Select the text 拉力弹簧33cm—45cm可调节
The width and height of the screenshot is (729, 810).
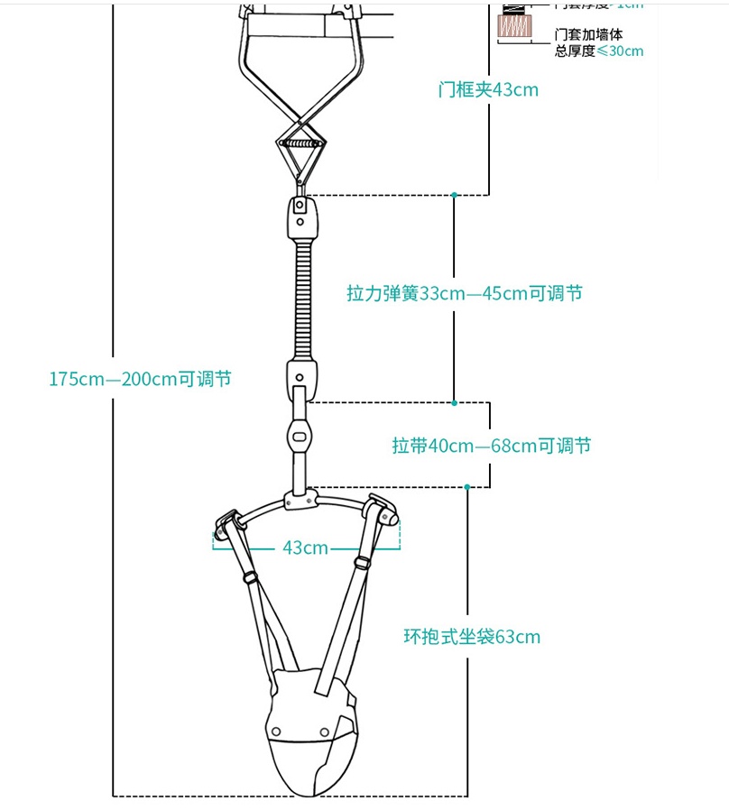click(x=465, y=294)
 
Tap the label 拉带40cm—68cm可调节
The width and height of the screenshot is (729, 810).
click(x=492, y=446)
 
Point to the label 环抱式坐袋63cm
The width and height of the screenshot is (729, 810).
click(x=472, y=637)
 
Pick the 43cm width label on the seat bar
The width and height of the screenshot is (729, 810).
click(x=305, y=548)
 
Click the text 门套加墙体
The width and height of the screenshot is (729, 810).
click(x=588, y=34)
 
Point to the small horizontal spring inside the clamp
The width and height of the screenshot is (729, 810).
click(x=301, y=143)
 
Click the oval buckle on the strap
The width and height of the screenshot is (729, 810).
click(x=300, y=435)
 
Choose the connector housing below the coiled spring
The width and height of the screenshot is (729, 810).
click(x=302, y=377)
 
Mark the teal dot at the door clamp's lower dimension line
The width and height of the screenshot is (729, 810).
click(x=454, y=194)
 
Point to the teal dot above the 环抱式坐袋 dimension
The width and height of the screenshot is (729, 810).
click(x=467, y=487)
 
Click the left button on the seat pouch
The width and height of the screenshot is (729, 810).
click(x=275, y=729)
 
